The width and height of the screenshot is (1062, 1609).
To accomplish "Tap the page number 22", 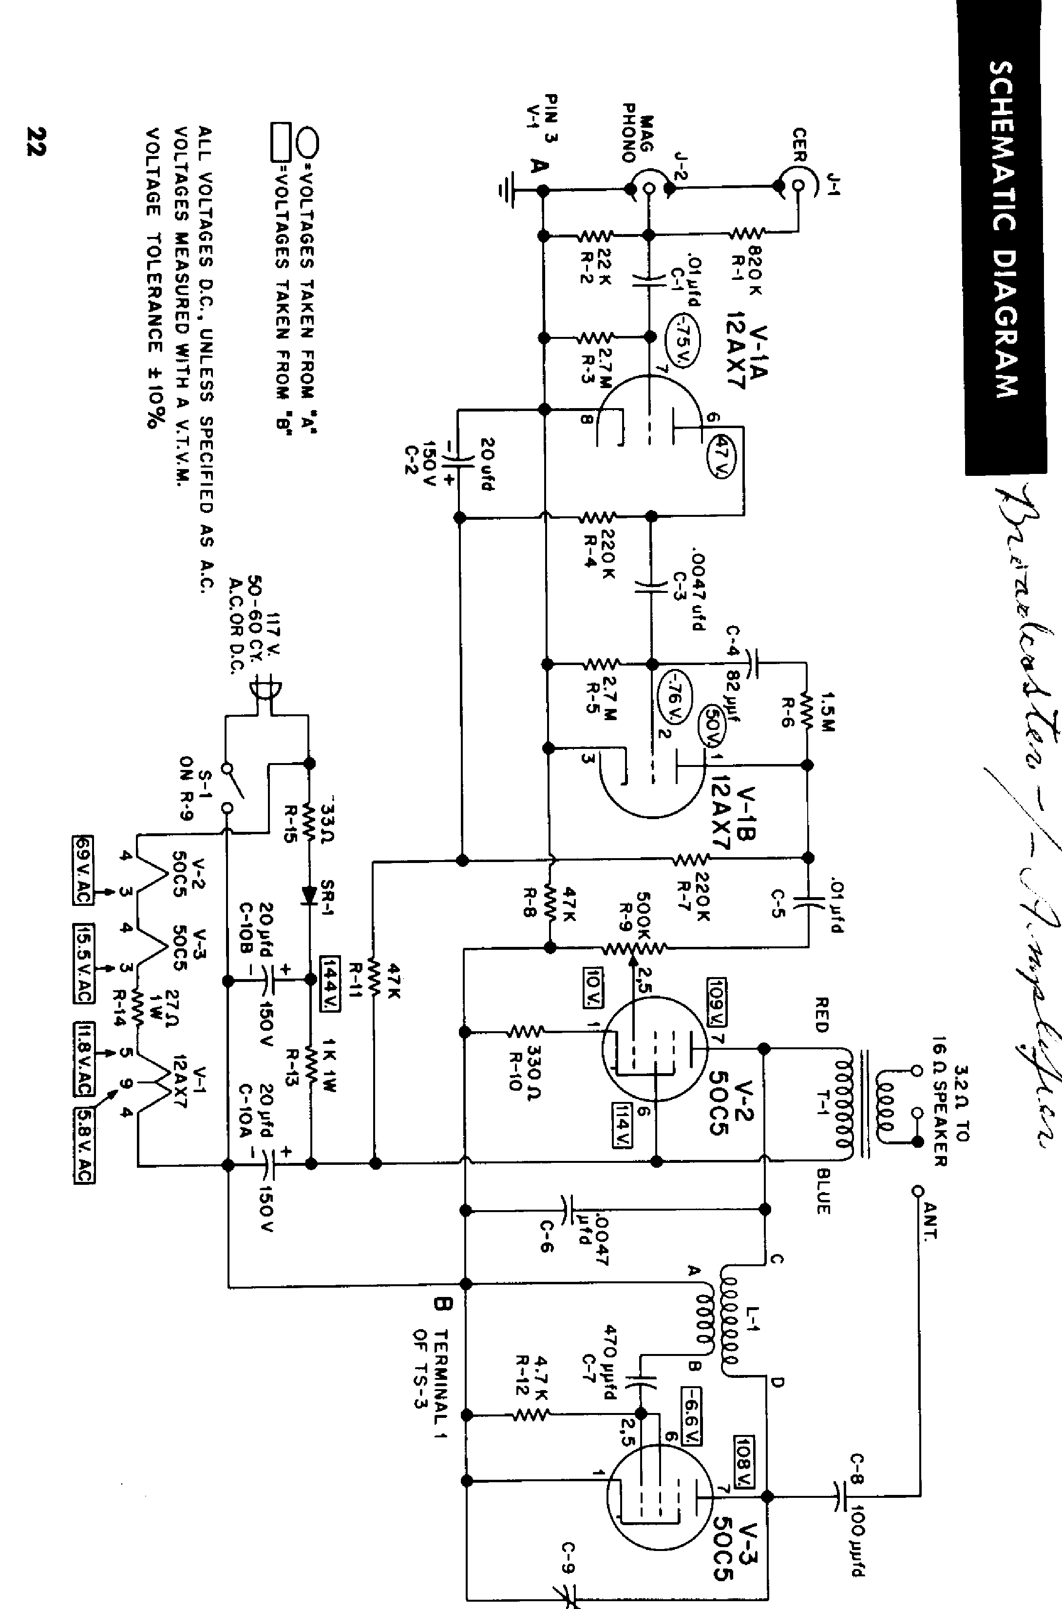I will (x=35, y=141).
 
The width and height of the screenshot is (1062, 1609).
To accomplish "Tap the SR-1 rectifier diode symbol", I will (x=309, y=896).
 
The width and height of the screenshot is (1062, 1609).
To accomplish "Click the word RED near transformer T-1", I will (x=821, y=1015).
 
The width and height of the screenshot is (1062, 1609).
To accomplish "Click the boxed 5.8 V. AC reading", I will (x=84, y=1144).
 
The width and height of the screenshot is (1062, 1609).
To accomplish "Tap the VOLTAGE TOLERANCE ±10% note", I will (x=154, y=278).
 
